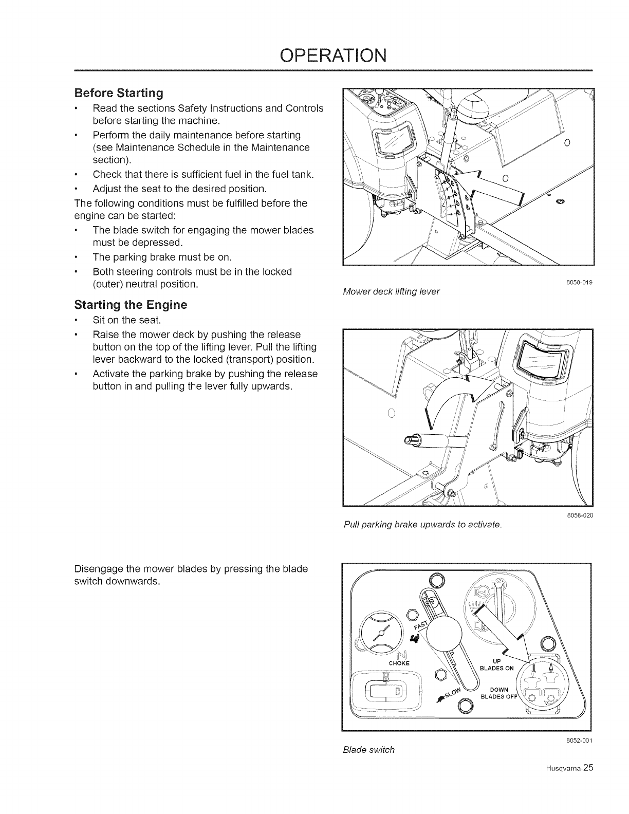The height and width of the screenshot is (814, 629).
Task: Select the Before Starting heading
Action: click(x=119, y=93)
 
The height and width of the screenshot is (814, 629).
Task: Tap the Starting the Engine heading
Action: click(x=131, y=305)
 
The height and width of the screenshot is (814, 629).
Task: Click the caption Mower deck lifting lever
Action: click(x=391, y=291)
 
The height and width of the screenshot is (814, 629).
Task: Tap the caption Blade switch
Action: click(x=368, y=749)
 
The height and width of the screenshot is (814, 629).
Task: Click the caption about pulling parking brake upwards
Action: click(x=421, y=524)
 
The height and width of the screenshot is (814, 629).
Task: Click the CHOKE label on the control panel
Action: click(x=399, y=663)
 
